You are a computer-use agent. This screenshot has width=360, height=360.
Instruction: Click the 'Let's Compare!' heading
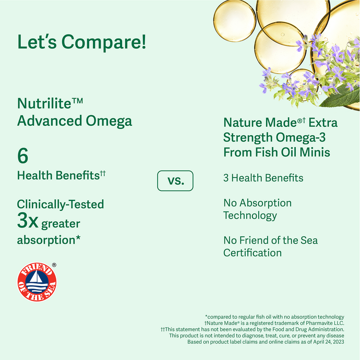point(81,42)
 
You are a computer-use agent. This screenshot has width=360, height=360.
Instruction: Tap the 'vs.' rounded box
point(175,181)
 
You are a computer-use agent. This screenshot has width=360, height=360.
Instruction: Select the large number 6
point(22,156)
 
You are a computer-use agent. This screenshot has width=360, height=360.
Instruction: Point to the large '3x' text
point(28,222)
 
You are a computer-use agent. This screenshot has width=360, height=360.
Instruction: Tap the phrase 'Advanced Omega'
point(74,121)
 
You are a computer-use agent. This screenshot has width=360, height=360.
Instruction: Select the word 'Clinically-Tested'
point(60,204)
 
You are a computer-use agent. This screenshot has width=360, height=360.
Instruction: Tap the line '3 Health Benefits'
point(263,178)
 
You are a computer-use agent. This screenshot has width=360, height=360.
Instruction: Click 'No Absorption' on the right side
point(257,203)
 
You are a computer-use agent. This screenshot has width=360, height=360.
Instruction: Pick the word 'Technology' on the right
point(250,215)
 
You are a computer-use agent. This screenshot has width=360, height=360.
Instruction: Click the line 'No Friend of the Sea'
point(270,241)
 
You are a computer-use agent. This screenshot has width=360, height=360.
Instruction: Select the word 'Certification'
point(253,253)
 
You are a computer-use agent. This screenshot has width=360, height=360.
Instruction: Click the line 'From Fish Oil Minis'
point(277,153)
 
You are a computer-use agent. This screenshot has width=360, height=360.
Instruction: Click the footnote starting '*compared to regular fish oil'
point(274,317)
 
